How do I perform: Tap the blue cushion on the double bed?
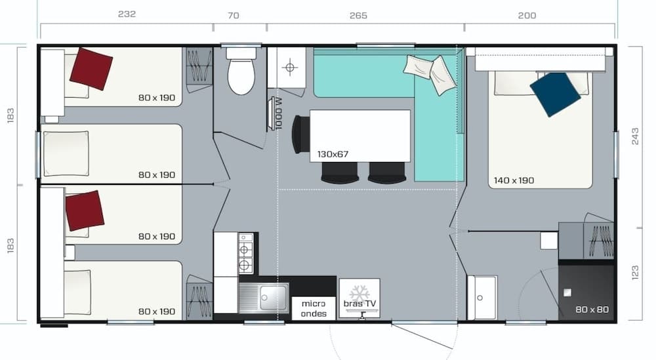click(555, 94)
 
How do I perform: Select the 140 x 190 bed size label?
click(514, 180)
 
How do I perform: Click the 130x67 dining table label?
click(333, 154)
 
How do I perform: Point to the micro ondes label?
click(314, 308)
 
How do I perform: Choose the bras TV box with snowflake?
click(359, 298)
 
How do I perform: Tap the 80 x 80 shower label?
click(591, 309)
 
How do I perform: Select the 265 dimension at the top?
click(358, 15)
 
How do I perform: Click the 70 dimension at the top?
click(233, 15)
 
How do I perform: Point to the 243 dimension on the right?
click(634, 136)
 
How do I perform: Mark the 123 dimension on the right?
click(634, 272)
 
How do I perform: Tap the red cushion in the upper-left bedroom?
click(91, 68)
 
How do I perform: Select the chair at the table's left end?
click(300, 134)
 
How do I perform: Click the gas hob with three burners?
click(245, 252)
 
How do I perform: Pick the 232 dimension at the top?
click(127, 14)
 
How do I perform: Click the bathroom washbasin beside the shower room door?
click(482, 297)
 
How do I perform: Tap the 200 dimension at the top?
click(527, 15)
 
